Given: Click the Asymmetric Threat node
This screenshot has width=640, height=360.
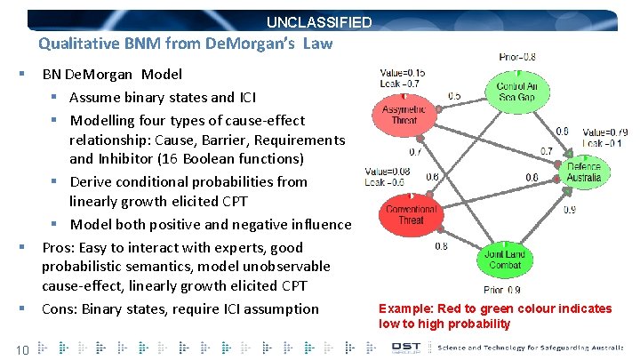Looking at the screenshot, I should (x=404, y=115).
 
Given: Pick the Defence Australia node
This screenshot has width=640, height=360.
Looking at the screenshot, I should (x=584, y=172).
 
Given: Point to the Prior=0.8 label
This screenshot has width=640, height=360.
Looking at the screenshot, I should (x=516, y=57).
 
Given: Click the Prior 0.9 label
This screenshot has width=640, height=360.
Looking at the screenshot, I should (x=502, y=290).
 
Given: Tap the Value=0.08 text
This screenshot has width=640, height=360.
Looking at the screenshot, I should (x=388, y=172).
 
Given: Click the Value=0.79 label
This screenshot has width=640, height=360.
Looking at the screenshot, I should (x=605, y=132).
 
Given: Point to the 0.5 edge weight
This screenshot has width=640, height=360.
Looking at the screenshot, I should (x=454, y=95).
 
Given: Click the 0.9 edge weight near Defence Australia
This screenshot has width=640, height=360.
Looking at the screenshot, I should (x=569, y=210).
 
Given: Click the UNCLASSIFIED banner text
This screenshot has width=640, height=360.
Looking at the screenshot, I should (x=319, y=22).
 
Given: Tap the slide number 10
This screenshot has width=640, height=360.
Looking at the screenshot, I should (x=24, y=349).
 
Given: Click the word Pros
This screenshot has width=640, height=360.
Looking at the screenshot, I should (x=59, y=247).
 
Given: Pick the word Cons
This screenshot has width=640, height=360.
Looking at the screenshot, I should (x=60, y=308).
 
